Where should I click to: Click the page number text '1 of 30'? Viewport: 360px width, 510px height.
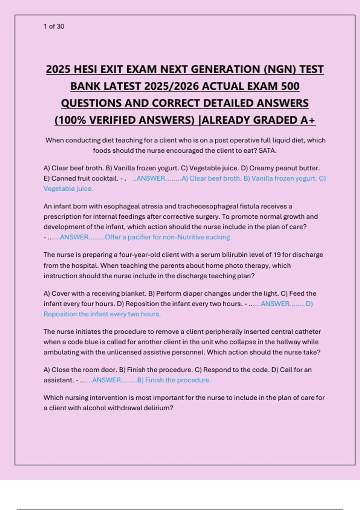click(54, 26)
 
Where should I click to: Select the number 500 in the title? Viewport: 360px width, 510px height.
click(290, 86)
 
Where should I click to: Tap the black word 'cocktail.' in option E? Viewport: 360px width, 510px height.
click(105, 178)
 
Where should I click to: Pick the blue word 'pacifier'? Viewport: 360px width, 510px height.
click(139, 237)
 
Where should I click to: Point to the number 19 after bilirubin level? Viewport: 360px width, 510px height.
click(277, 255)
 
